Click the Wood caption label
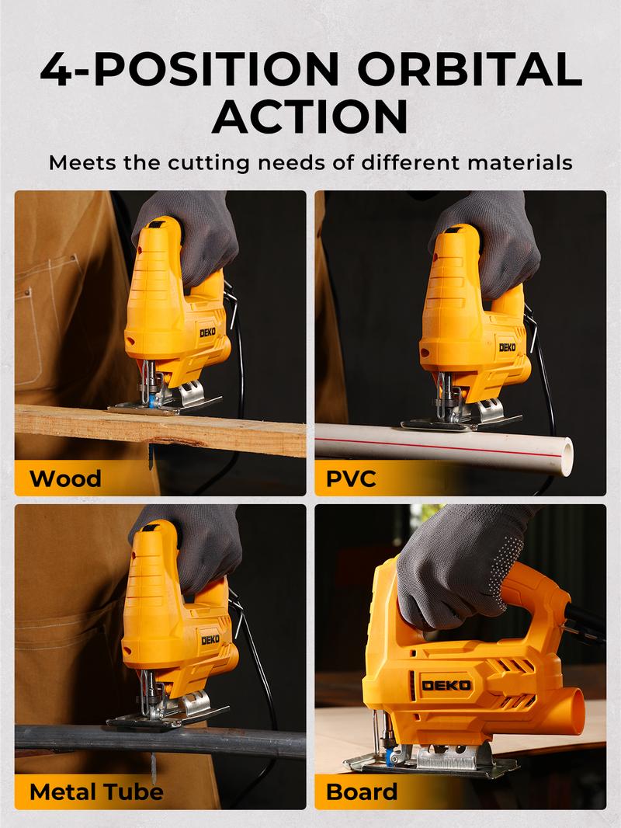pyautogui.click(x=65, y=477)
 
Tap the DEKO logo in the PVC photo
pyautogui.click(x=507, y=347)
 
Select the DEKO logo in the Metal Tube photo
pyautogui.click(x=211, y=640)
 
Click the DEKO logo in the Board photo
pyautogui.click(x=446, y=684)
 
